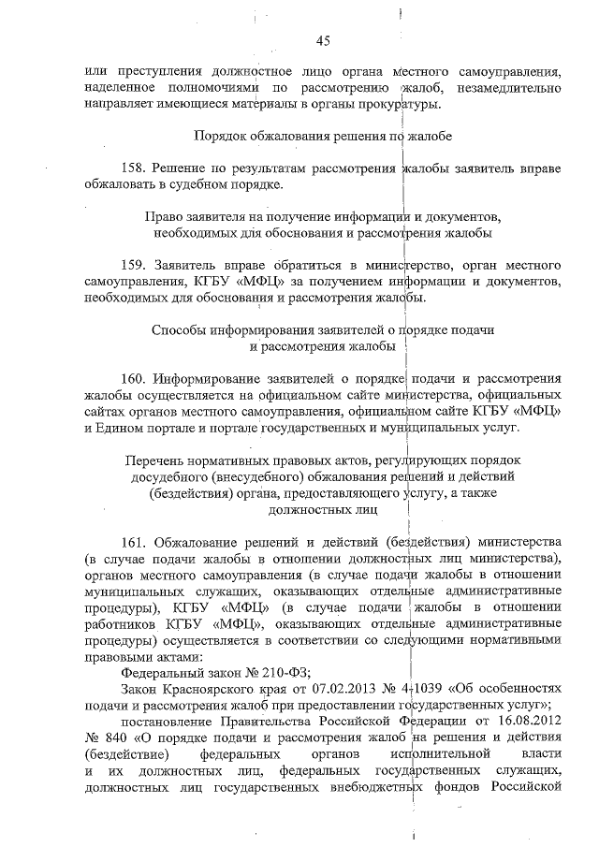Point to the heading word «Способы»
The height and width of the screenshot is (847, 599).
coord(178,330)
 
